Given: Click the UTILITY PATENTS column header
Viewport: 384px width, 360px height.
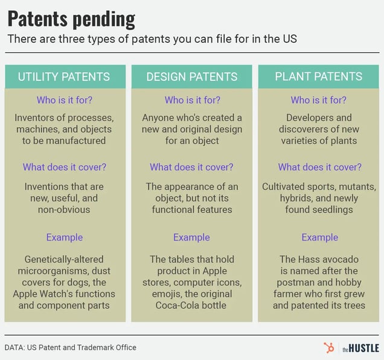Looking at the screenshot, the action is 63,77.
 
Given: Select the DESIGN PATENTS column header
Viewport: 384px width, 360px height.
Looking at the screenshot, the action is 192,77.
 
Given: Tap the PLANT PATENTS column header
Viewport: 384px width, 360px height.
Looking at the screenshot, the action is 318,77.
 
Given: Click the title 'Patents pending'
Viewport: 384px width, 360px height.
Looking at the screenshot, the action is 71,19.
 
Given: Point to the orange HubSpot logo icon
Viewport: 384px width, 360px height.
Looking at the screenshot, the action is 328,347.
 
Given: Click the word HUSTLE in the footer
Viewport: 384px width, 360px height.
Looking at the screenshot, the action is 364,348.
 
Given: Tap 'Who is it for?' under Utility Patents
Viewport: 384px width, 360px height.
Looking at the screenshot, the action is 65,100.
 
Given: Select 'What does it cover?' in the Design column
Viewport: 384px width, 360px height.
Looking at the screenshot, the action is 191,167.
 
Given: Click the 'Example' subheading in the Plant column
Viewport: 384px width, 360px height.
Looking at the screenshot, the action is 319,237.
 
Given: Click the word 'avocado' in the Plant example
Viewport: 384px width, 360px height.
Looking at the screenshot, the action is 341,259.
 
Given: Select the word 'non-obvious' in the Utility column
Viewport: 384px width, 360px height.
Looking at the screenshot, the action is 64,210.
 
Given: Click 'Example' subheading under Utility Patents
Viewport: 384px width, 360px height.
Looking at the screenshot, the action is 65,237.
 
